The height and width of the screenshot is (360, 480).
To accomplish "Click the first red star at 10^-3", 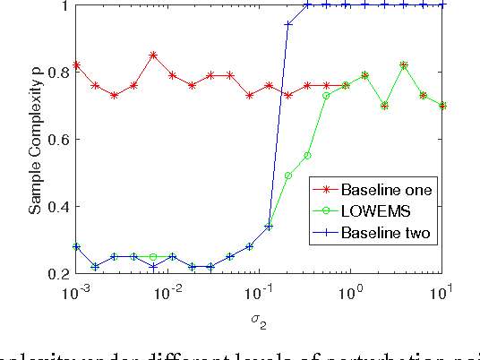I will pos(77,65).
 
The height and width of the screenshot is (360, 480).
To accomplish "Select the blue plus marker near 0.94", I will pos(288,24).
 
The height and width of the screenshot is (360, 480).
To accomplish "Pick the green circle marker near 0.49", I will pos(288,176).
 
